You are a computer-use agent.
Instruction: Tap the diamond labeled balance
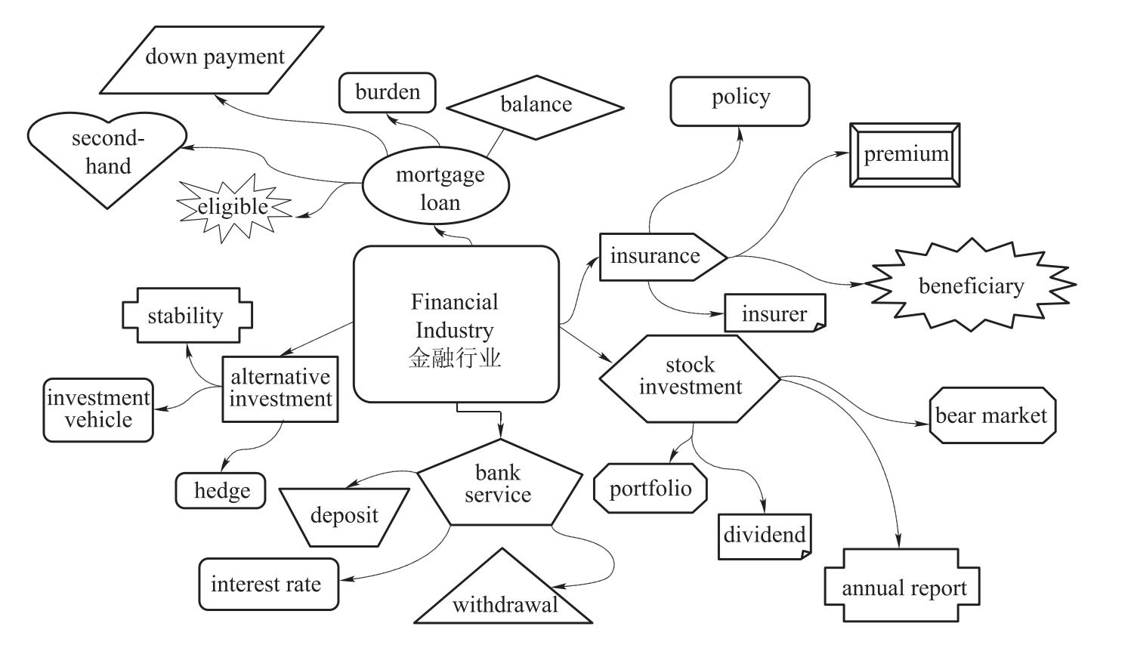click(x=536, y=106)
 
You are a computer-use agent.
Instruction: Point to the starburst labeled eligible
click(x=233, y=207)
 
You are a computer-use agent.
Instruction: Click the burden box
click(x=388, y=93)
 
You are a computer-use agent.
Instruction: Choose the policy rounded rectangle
click(x=740, y=99)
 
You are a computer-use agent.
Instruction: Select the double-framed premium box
click(x=905, y=155)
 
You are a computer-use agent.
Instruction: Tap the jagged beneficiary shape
click(x=970, y=285)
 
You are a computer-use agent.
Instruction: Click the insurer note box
click(x=774, y=313)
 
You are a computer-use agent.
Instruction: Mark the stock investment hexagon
click(x=689, y=377)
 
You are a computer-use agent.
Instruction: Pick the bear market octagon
click(x=990, y=415)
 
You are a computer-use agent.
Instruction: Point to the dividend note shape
click(x=764, y=535)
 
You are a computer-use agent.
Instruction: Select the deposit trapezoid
click(x=345, y=517)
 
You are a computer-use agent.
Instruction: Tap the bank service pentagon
click(x=499, y=486)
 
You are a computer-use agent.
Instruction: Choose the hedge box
click(x=221, y=491)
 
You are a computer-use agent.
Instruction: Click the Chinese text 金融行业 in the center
click(x=455, y=357)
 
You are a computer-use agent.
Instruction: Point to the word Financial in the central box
click(x=455, y=302)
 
